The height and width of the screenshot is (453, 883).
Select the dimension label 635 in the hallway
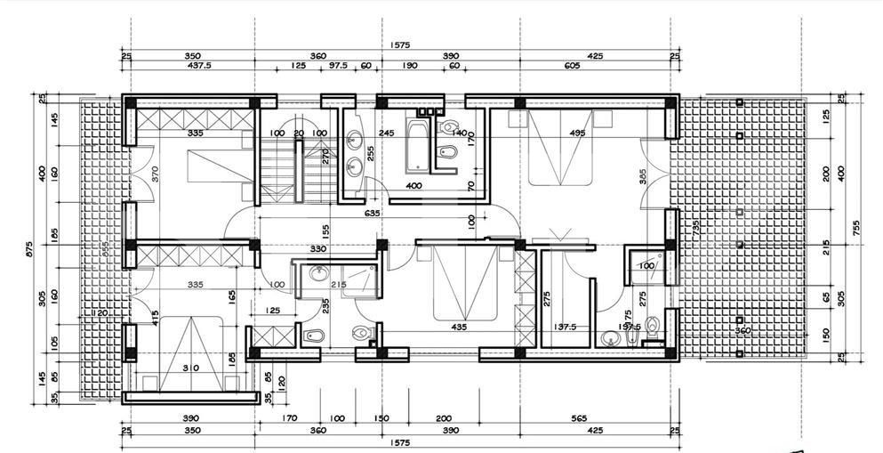click(x=373, y=214)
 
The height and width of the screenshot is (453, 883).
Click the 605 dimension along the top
click(x=571, y=66)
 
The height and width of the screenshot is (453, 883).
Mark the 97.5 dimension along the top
click(x=338, y=66)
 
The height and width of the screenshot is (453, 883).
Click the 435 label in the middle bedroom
click(x=459, y=328)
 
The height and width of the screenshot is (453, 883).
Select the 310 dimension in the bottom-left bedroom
click(x=190, y=367)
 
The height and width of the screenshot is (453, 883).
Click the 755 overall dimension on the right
click(x=855, y=229)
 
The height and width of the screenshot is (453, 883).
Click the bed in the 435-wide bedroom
click(x=464, y=285)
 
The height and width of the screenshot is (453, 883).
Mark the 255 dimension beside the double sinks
click(x=371, y=153)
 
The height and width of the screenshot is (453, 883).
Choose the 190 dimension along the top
click(x=410, y=66)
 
